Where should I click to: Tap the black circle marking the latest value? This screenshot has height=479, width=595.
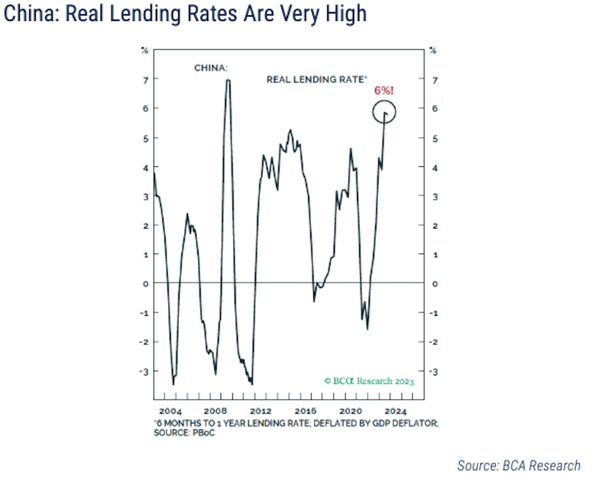coord(384,112)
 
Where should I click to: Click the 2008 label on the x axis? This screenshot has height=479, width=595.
coord(216,411)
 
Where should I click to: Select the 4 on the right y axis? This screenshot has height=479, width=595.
coord(434,168)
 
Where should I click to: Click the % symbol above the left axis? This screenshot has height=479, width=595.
coord(144,50)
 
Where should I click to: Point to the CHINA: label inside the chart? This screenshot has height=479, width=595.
coord(211,68)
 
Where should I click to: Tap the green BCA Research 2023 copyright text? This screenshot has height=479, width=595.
coord(369,381)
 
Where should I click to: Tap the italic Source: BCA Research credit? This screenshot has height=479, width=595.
coord(518,465)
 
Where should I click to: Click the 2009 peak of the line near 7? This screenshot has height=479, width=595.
coord(228,80)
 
